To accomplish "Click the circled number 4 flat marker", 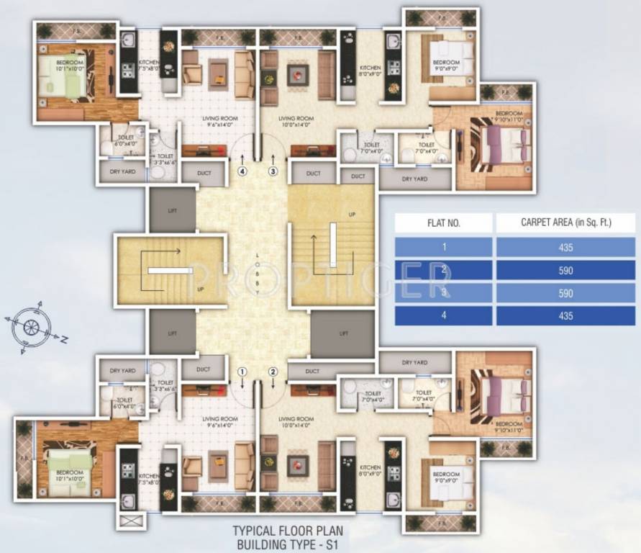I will pyautogui.click(x=242, y=171).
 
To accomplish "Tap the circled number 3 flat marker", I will pyautogui.click(x=273, y=171).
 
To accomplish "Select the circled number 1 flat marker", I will pyautogui.click(x=242, y=372).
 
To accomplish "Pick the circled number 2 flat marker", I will pyautogui.click(x=273, y=372).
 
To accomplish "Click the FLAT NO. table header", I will pyautogui.click(x=444, y=223).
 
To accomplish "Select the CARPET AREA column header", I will pyautogui.click(x=565, y=223).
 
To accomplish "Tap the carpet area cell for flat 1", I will pyautogui.click(x=565, y=247).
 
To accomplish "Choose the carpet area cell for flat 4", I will pyautogui.click(x=565, y=315).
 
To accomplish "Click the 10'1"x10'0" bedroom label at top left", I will pyautogui.click(x=70, y=66).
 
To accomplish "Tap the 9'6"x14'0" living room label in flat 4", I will pyautogui.click(x=220, y=120).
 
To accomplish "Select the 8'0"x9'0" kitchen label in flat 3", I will pyautogui.click(x=370, y=71).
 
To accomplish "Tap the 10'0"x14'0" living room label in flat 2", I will pyautogui.click(x=296, y=423).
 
